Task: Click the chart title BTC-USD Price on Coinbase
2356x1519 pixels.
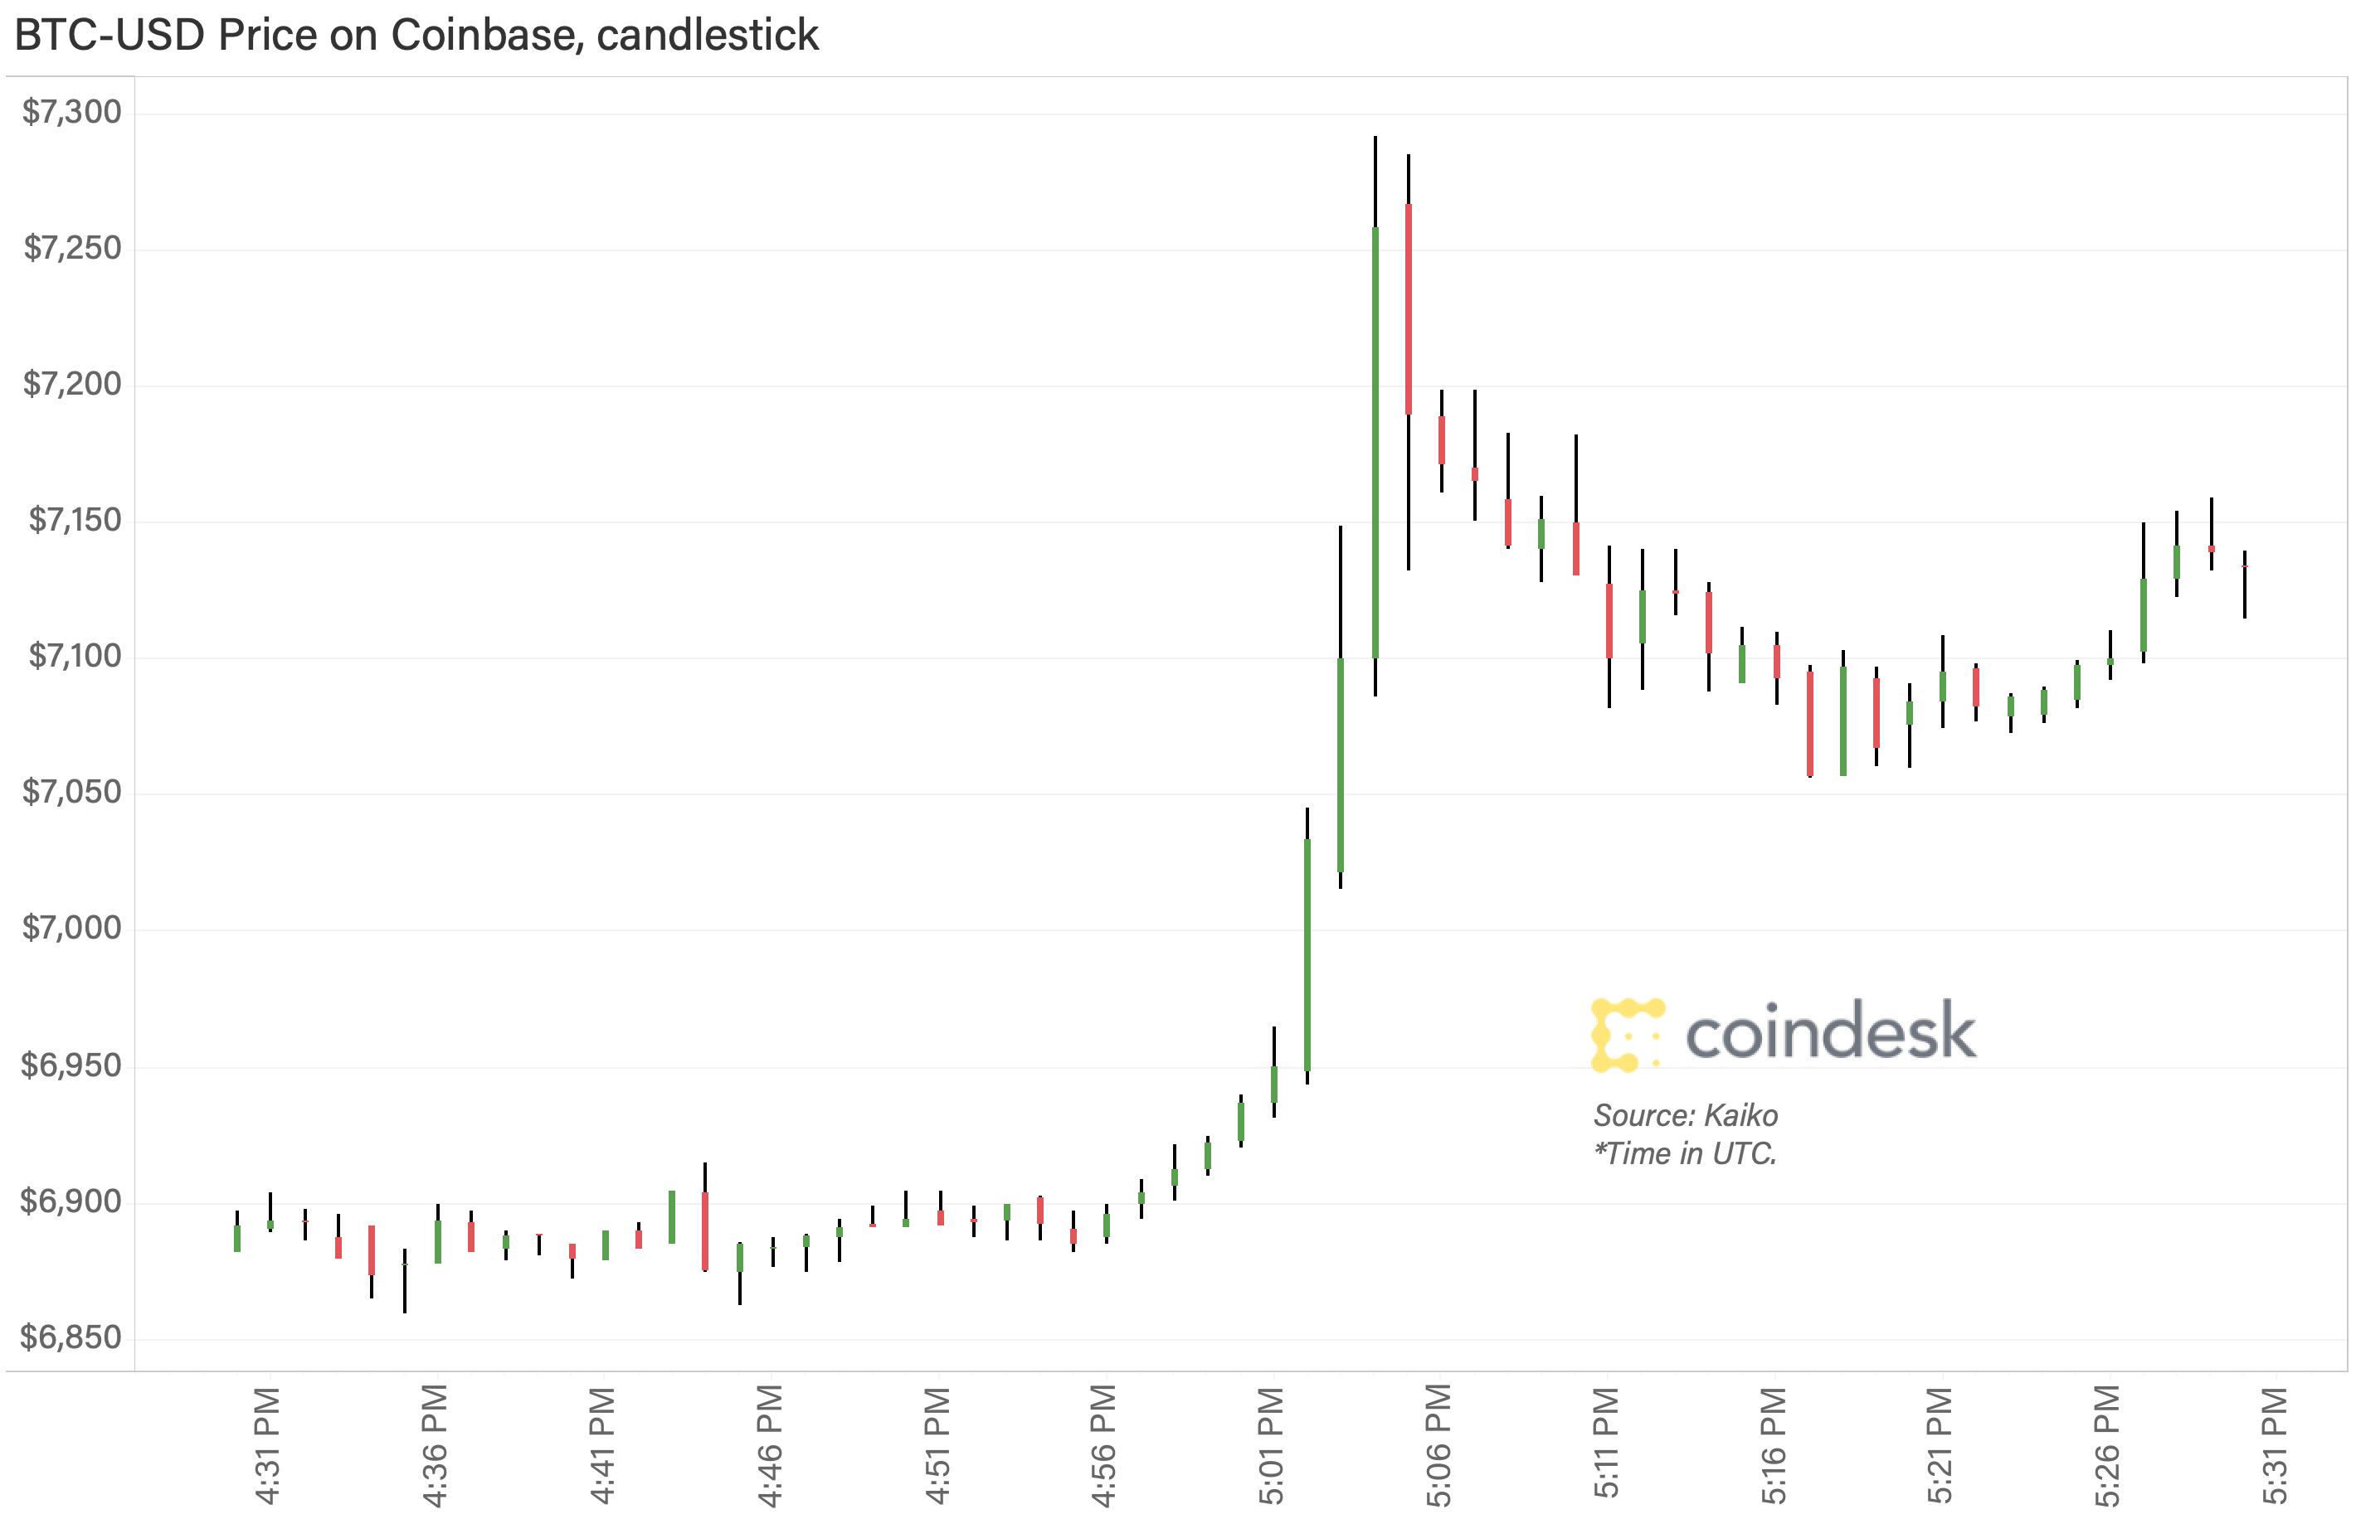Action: [416, 36]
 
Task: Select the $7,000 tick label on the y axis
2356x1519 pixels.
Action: [72, 928]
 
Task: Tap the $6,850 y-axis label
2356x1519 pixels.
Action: [72, 1337]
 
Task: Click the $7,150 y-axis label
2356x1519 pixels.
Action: [75, 520]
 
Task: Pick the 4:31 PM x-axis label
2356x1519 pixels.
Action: [267, 1446]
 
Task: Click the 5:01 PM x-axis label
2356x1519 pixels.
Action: [1272, 1446]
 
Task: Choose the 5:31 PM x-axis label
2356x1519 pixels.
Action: [2274, 1446]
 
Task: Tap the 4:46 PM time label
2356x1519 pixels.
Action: [770, 1446]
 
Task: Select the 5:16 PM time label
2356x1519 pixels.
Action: [1773, 1446]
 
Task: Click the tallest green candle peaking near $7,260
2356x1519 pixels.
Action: [1375, 442]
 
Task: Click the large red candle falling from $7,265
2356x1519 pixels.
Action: [1408, 308]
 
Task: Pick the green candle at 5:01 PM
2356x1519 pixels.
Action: [1273, 1084]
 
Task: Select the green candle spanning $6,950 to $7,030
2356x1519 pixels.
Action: [1307, 955]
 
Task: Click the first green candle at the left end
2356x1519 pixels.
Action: [236, 1238]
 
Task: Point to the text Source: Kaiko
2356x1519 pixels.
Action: [1685, 1115]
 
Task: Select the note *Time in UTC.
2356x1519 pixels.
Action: [1685, 1153]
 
